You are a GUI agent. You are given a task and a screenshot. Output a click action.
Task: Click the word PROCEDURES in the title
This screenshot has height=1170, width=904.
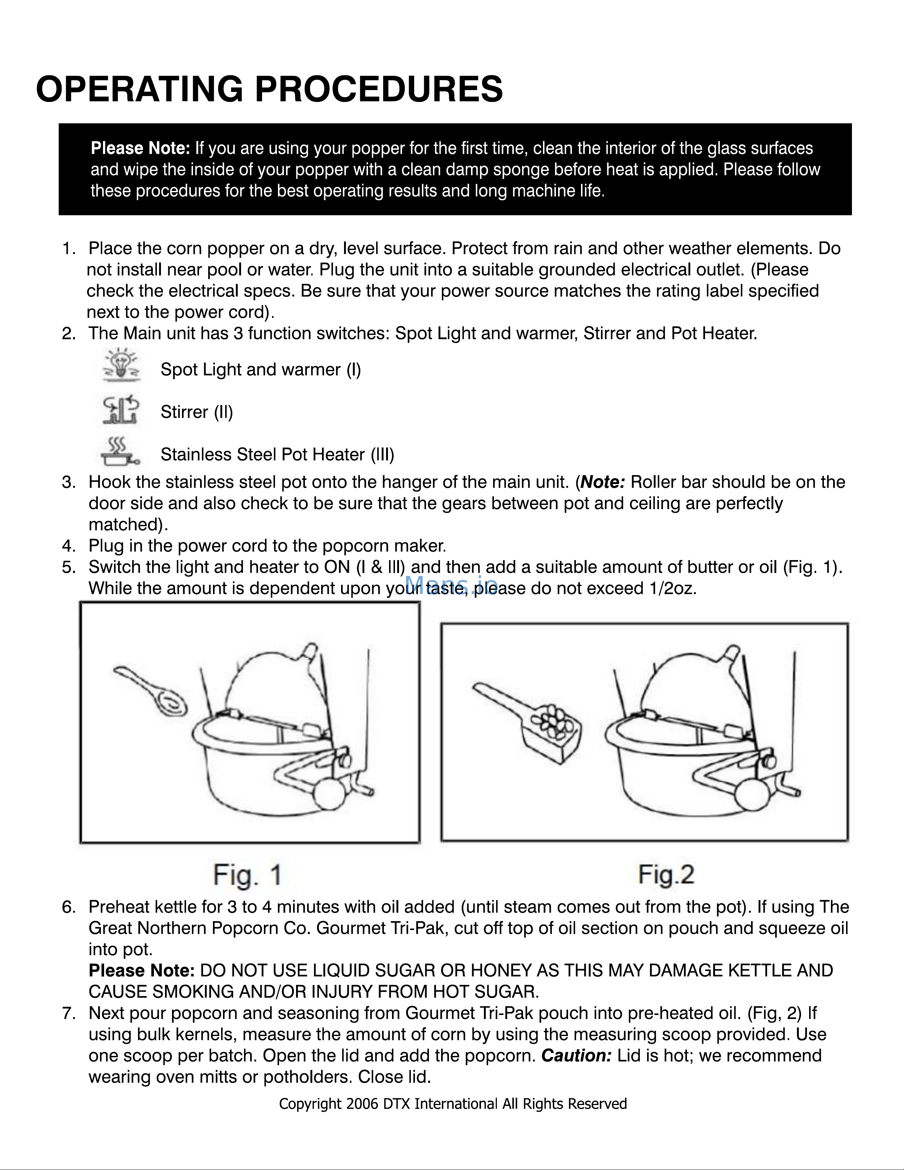379,89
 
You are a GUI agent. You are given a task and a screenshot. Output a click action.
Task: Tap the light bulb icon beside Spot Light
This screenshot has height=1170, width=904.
121,365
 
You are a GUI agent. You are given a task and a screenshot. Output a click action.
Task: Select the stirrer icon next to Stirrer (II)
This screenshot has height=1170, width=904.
121,410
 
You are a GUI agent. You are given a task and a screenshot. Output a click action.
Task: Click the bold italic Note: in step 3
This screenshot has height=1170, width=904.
602,482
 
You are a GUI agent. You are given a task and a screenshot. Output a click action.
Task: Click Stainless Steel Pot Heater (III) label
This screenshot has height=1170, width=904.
278,454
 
